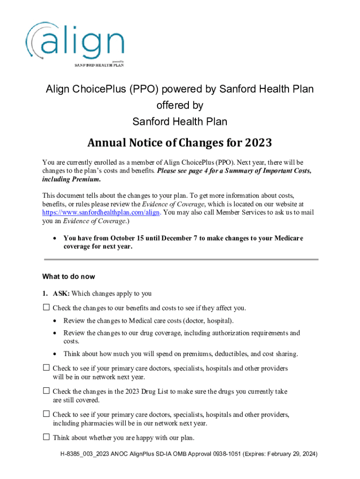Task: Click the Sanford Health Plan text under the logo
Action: click(x=100, y=65)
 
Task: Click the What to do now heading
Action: click(x=68, y=276)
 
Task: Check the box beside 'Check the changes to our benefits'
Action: click(x=46, y=308)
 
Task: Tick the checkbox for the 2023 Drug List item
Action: click(x=46, y=391)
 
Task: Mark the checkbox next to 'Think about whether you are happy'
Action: click(x=46, y=437)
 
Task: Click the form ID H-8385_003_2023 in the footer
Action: click(x=83, y=454)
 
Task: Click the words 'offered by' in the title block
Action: click(x=180, y=105)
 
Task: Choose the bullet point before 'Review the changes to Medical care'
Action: click(x=56, y=321)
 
